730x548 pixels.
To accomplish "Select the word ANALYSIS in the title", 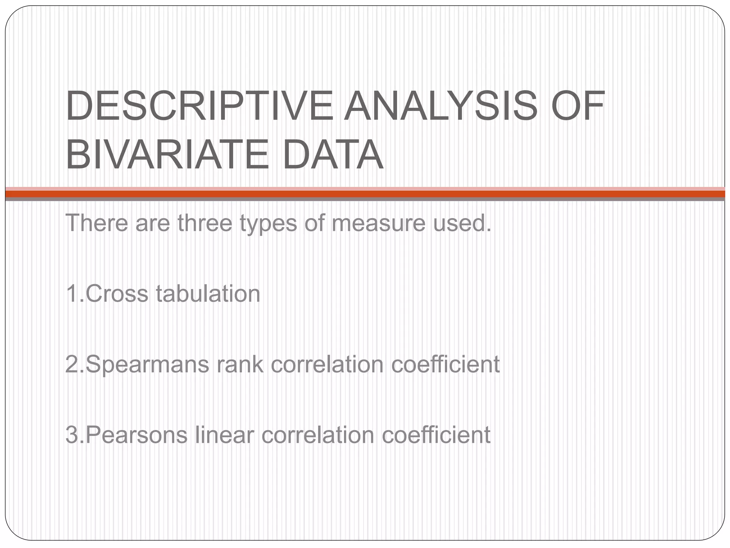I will tap(440, 106).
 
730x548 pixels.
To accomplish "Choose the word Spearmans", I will tap(147, 365).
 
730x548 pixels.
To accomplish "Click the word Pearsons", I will tap(137, 435).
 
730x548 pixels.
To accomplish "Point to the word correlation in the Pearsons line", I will tap(318, 435).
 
